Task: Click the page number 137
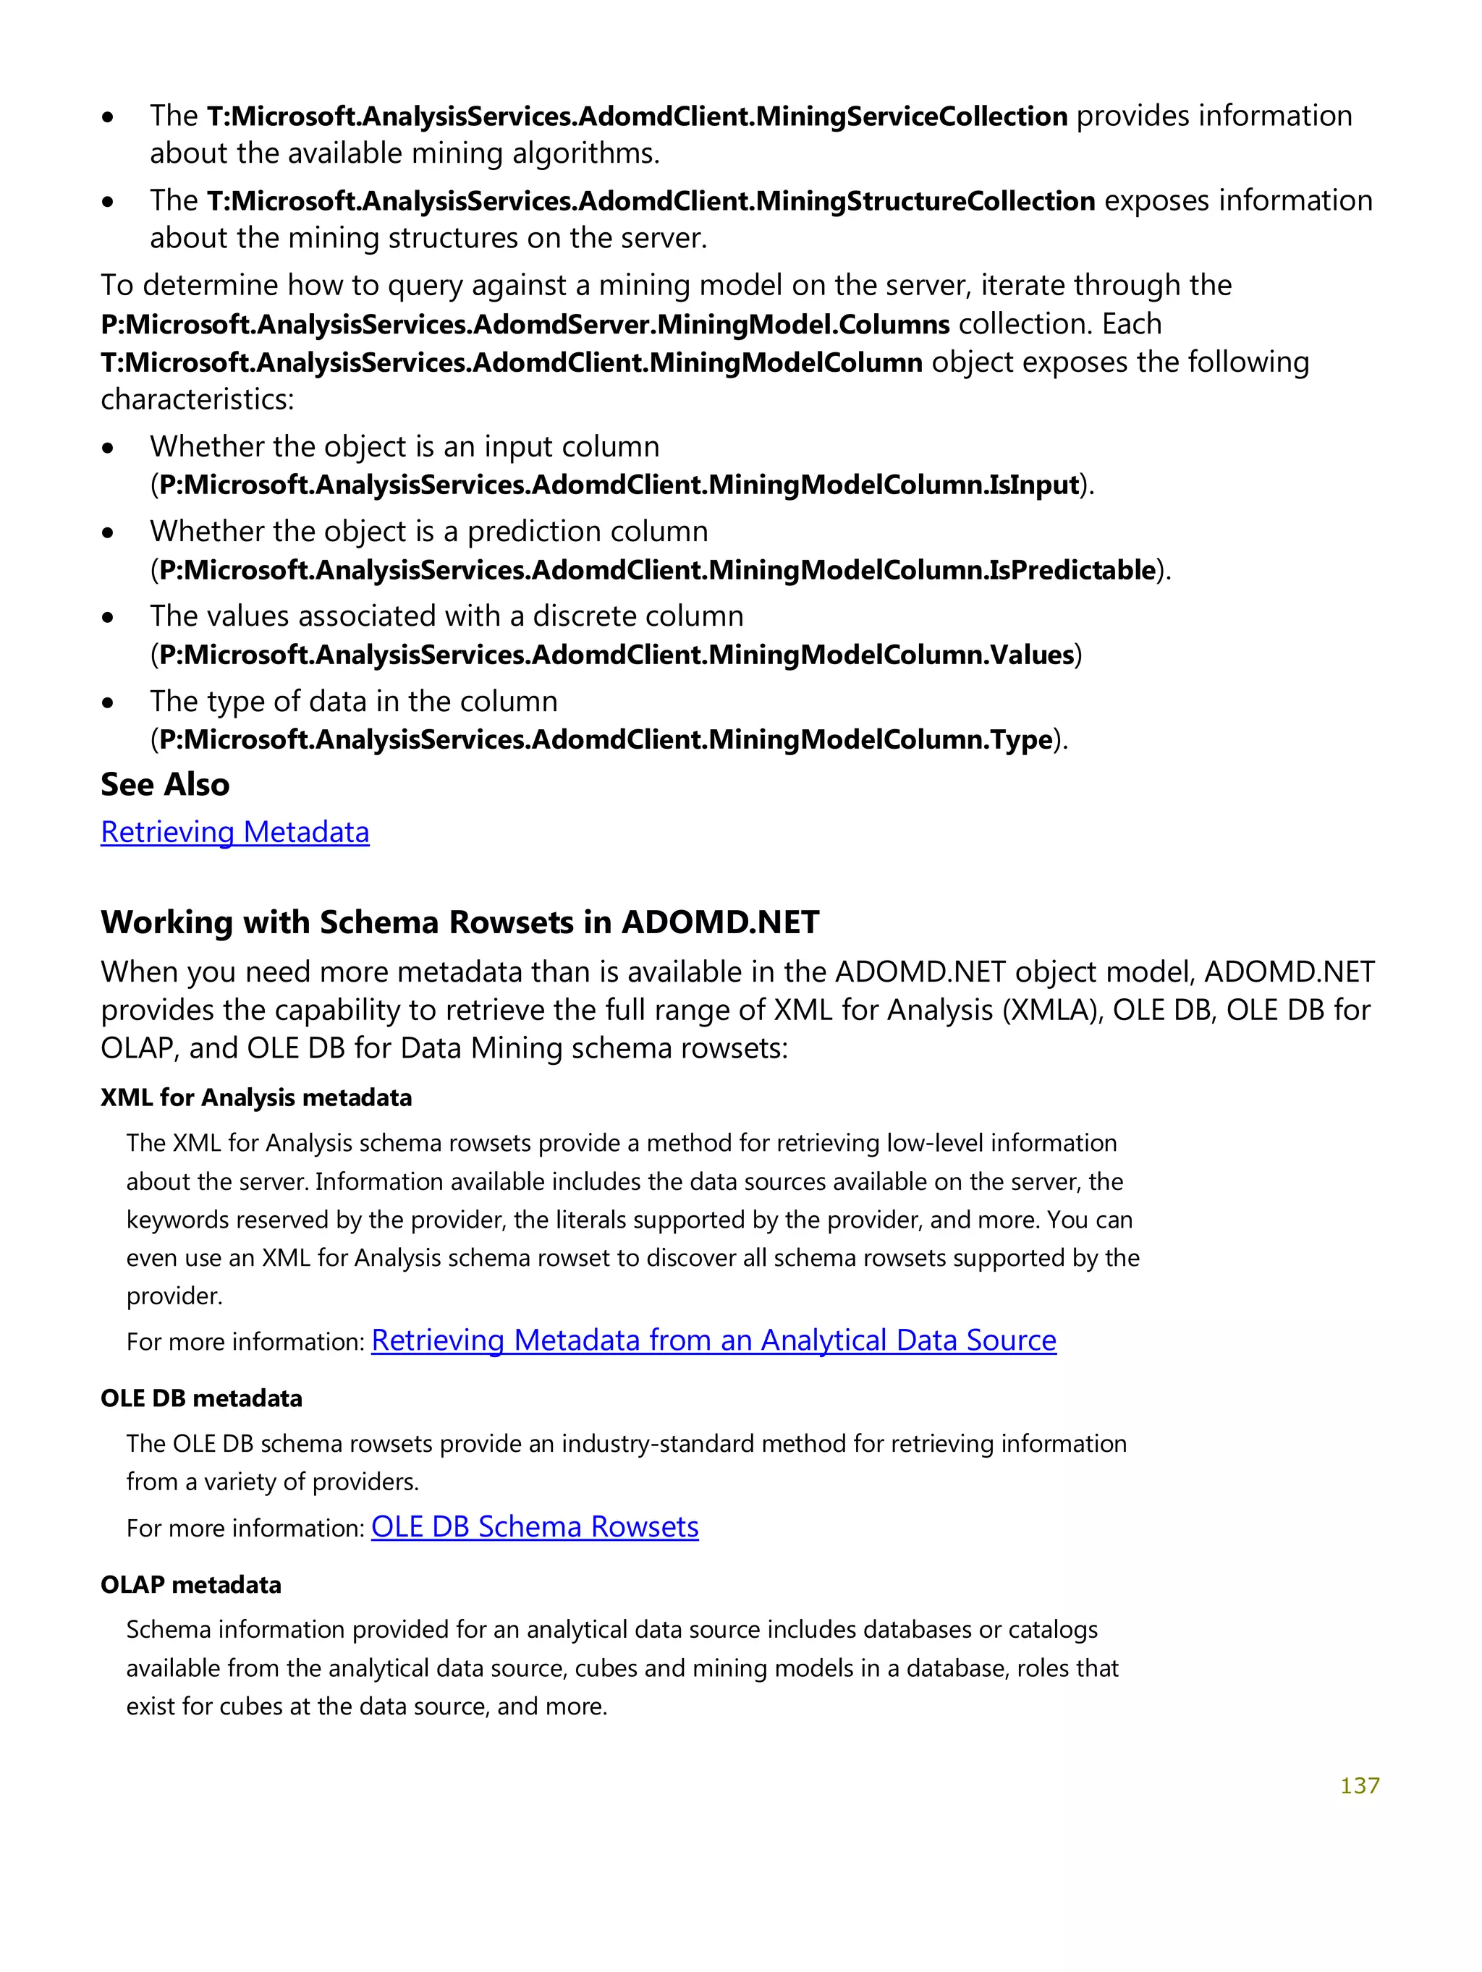tap(1359, 1785)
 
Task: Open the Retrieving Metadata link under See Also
tap(234, 832)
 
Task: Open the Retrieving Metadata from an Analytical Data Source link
tap(714, 1340)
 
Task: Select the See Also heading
tap(165, 784)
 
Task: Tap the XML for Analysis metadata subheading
tap(256, 1097)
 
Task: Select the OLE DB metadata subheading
tap(200, 1398)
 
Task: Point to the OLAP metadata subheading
tap(191, 1584)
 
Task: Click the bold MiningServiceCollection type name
tap(637, 116)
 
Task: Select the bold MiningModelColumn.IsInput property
tap(619, 484)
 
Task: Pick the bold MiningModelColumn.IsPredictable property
tap(657, 569)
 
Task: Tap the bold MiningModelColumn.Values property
tap(616, 655)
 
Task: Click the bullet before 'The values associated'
tap(108, 617)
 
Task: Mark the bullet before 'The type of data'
tap(108, 702)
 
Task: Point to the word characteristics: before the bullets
tap(197, 399)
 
